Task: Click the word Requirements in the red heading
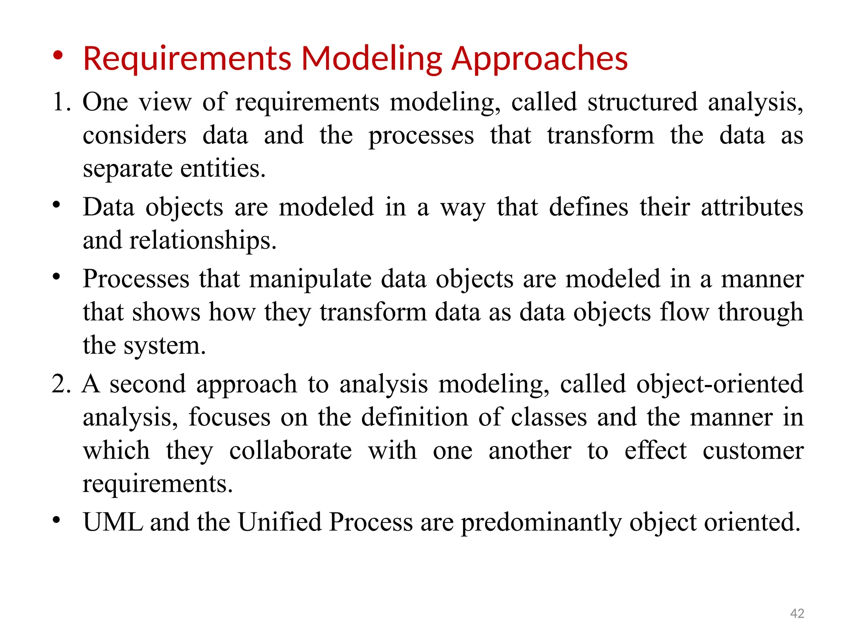click(187, 59)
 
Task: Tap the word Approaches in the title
click(540, 59)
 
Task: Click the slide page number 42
click(797, 613)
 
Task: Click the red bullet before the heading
click(58, 56)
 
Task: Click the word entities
click(223, 168)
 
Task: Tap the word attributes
click(752, 207)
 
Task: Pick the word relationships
click(203, 240)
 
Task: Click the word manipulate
click(310, 279)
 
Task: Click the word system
click(165, 346)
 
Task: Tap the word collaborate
click(290, 451)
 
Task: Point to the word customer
click(753, 451)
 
